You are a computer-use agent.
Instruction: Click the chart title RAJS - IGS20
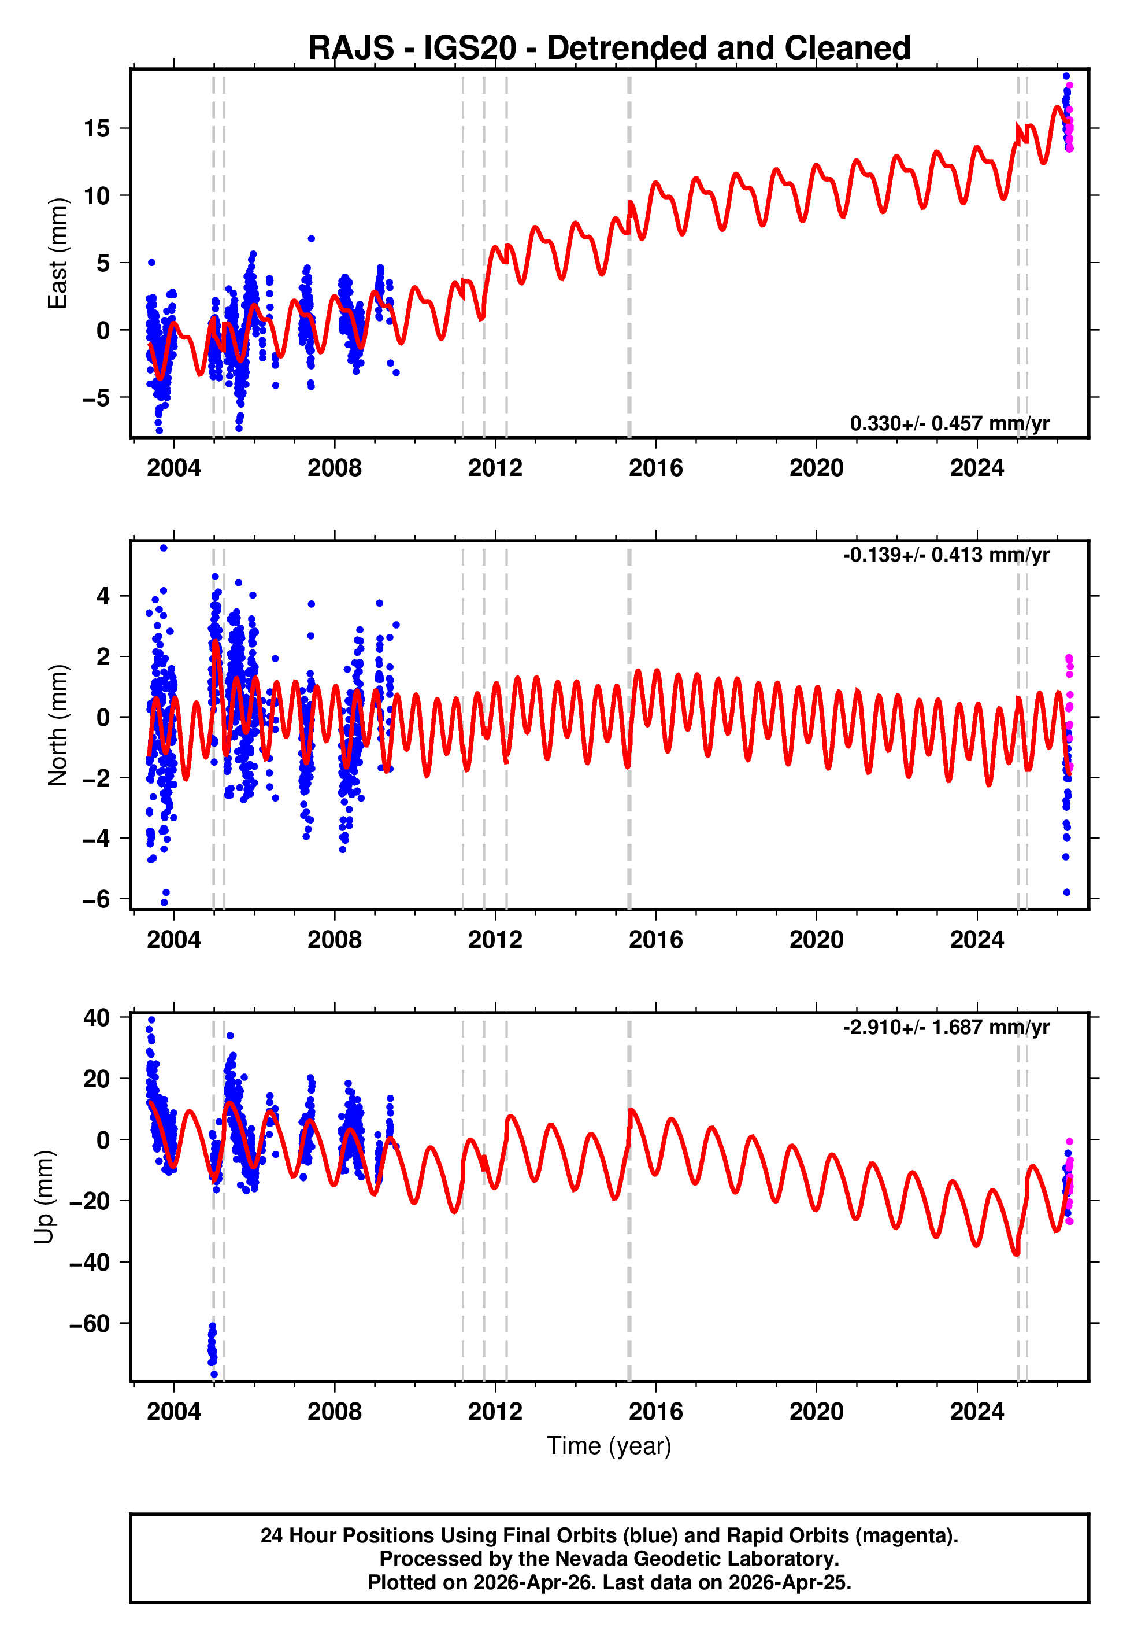pyautogui.click(x=609, y=47)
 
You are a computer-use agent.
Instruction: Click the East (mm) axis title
pyautogui.click(x=57, y=254)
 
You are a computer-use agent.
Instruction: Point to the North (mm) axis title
pyautogui.click(x=57, y=725)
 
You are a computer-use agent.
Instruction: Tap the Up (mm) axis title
pyautogui.click(x=44, y=1196)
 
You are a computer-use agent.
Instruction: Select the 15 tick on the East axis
pyautogui.click(x=97, y=128)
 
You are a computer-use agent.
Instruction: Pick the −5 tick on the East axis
pyautogui.click(x=95, y=398)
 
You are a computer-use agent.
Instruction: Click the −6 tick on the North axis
pyautogui.click(x=95, y=899)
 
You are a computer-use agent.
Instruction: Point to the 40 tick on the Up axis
pyautogui.click(x=97, y=1017)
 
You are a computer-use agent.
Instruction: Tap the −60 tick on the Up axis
pyautogui.click(x=89, y=1323)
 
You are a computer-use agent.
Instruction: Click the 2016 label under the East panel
pyautogui.click(x=655, y=468)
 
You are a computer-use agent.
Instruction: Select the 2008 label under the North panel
pyautogui.click(x=334, y=940)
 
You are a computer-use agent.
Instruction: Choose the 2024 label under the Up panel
pyautogui.click(x=976, y=1411)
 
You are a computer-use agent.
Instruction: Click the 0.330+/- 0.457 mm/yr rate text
pyautogui.click(x=949, y=423)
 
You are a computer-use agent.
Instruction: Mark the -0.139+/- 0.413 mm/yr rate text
pyautogui.click(x=946, y=555)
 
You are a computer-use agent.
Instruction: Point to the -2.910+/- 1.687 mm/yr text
pyautogui.click(x=946, y=1027)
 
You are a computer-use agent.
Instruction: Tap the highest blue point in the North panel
pyautogui.click(x=164, y=548)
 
